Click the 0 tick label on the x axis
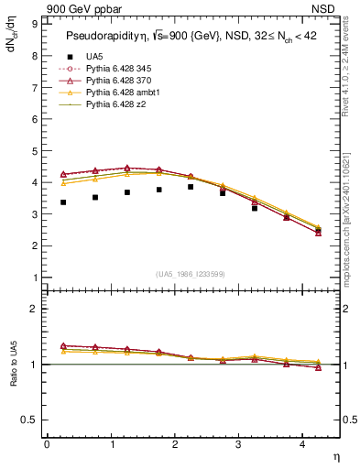point(47,445)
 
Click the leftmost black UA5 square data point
point(63,202)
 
